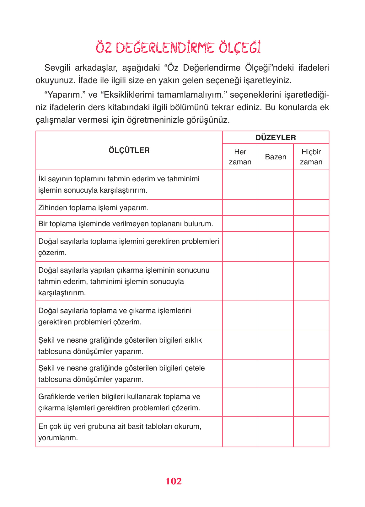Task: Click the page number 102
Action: click(174, 481)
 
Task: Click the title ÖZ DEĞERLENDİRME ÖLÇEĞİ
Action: click(178, 48)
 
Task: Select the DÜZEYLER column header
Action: click(276, 138)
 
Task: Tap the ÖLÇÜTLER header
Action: click(129, 150)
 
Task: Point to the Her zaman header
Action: click(240, 157)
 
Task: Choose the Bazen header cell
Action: click(276, 157)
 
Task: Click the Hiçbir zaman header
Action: click(311, 157)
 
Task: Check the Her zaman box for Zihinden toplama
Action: click(240, 208)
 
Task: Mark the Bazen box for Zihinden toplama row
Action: click(276, 208)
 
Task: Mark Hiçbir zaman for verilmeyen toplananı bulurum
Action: click(311, 224)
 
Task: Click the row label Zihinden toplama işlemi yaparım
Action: click(94, 208)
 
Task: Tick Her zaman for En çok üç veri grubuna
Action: click(240, 432)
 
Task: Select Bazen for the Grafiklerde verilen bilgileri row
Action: click(276, 402)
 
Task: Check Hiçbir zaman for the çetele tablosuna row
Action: click(311, 374)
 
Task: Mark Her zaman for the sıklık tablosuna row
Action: click(240, 345)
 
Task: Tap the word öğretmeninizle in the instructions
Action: click(158, 120)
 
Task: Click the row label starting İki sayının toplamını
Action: click(119, 184)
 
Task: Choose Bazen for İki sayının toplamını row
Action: click(276, 184)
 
